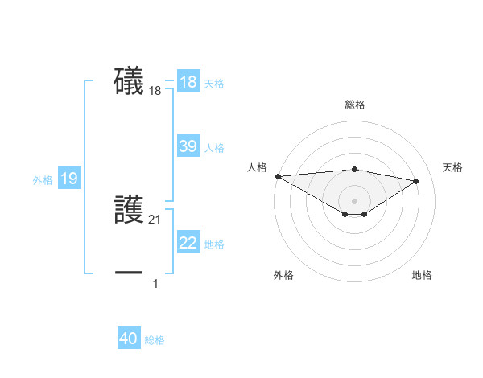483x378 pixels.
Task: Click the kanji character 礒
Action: [129, 81]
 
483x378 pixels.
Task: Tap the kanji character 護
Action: [129, 210]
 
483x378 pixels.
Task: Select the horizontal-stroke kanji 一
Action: [129, 273]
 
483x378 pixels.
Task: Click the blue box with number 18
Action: [188, 82]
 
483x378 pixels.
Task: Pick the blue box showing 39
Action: [188, 146]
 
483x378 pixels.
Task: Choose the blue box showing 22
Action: [188, 243]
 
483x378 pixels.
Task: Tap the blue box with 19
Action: [69, 179]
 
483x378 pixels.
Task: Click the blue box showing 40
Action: [129, 339]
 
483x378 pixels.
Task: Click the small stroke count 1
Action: [155, 283]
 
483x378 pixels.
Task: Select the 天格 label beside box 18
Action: [214, 84]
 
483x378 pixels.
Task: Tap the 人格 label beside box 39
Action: [214, 148]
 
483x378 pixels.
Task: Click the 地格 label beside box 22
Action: [214, 244]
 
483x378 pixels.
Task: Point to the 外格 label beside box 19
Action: [43, 180]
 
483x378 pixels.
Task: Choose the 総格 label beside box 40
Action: [155, 340]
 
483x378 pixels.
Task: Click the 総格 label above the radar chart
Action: [354, 105]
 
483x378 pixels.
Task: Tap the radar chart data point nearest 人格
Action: [278, 175]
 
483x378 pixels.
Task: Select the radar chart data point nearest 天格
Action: [416, 181]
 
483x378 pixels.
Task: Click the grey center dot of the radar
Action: [354, 200]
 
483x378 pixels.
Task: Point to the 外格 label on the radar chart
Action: [283, 275]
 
